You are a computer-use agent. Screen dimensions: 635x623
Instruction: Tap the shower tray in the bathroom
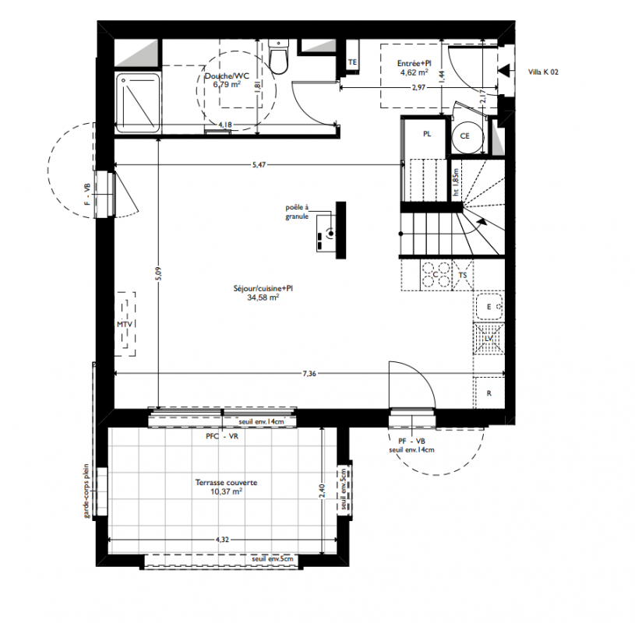(138, 103)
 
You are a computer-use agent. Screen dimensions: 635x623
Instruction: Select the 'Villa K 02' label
(543, 72)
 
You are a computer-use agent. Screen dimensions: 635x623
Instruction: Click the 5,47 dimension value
(259, 165)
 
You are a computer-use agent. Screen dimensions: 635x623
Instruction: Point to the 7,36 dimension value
(309, 373)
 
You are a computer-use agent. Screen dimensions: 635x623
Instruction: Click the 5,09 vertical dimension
(158, 273)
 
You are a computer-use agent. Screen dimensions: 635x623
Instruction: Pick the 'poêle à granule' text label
(297, 212)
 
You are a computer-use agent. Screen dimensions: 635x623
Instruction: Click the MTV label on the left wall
(125, 324)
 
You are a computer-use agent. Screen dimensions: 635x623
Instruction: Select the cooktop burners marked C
(436, 275)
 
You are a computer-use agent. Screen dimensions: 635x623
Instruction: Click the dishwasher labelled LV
(489, 339)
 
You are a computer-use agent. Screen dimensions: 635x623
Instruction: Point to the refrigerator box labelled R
(489, 392)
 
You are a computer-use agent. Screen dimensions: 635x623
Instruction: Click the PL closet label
(427, 134)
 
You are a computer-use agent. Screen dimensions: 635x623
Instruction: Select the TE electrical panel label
(352, 62)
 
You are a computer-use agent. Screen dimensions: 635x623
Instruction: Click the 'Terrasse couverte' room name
(227, 483)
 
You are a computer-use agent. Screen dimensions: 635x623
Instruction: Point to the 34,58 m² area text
(263, 297)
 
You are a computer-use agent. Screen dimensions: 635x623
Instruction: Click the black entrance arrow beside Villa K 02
(504, 70)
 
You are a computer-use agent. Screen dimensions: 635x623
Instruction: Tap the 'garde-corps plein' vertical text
(86, 491)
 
